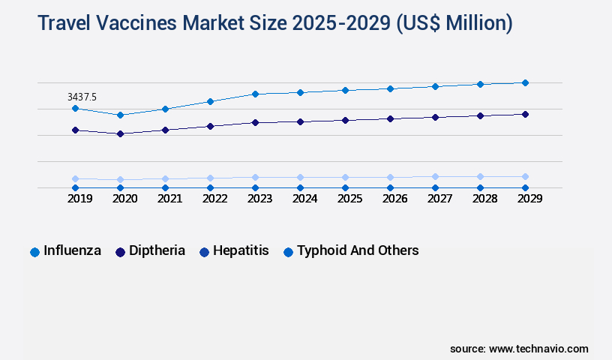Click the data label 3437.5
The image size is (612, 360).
(82, 97)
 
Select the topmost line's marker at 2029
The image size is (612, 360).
(525, 82)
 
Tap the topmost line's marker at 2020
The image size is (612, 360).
(120, 115)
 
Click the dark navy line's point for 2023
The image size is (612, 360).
(255, 122)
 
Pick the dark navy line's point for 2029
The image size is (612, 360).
(525, 114)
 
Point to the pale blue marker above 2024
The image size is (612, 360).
(300, 178)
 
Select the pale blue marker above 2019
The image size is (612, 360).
(75, 179)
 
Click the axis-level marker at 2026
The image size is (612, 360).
(390, 188)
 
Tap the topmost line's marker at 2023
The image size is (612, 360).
(255, 94)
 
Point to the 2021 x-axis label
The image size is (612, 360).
(169, 199)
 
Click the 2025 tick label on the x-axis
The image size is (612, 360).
(349, 199)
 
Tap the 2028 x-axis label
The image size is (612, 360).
(484, 199)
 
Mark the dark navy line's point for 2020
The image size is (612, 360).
(120, 133)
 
